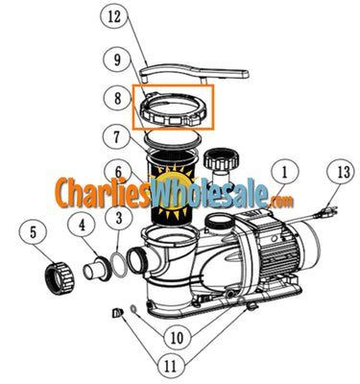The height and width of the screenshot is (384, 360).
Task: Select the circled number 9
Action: click(x=115, y=59)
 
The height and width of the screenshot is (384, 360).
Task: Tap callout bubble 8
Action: click(x=115, y=96)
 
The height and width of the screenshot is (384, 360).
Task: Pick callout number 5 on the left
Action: click(x=34, y=231)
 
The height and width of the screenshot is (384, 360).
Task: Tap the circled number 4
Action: click(x=85, y=227)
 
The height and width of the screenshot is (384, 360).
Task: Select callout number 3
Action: click(x=118, y=220)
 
